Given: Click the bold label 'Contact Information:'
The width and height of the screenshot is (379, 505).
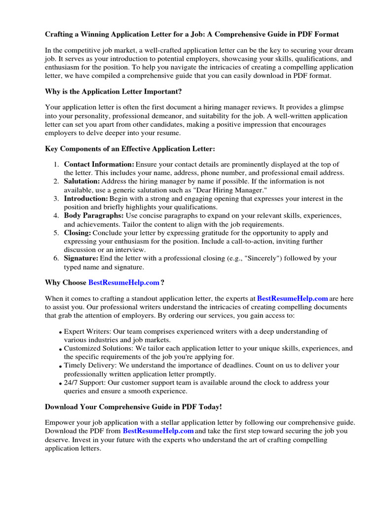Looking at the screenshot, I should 99,164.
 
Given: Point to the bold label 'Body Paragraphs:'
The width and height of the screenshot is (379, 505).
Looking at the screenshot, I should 94,216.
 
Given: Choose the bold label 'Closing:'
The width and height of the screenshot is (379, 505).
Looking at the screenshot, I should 77,233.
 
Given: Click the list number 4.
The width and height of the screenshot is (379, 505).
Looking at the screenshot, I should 56,216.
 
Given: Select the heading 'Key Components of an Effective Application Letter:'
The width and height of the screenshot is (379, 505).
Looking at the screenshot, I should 130,148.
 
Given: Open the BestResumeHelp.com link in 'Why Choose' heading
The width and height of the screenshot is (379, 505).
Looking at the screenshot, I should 124,283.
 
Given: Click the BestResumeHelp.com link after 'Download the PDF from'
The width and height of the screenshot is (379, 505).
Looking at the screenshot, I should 158,431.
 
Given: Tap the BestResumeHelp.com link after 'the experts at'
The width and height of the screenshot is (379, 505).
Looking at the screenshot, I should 293,298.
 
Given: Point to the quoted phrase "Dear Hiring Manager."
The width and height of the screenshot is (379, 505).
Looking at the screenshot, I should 232,190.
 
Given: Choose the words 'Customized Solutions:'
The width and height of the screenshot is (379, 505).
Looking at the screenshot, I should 98,349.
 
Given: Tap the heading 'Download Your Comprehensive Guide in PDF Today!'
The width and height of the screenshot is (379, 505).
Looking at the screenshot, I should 133,407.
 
